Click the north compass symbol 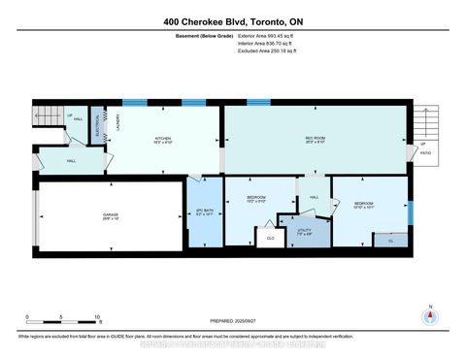coord(429,314)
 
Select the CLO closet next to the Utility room coord(271,236)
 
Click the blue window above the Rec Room coord(258,101)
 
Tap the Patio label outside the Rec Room coord(424,152)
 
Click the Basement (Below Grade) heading coord(184,36)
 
